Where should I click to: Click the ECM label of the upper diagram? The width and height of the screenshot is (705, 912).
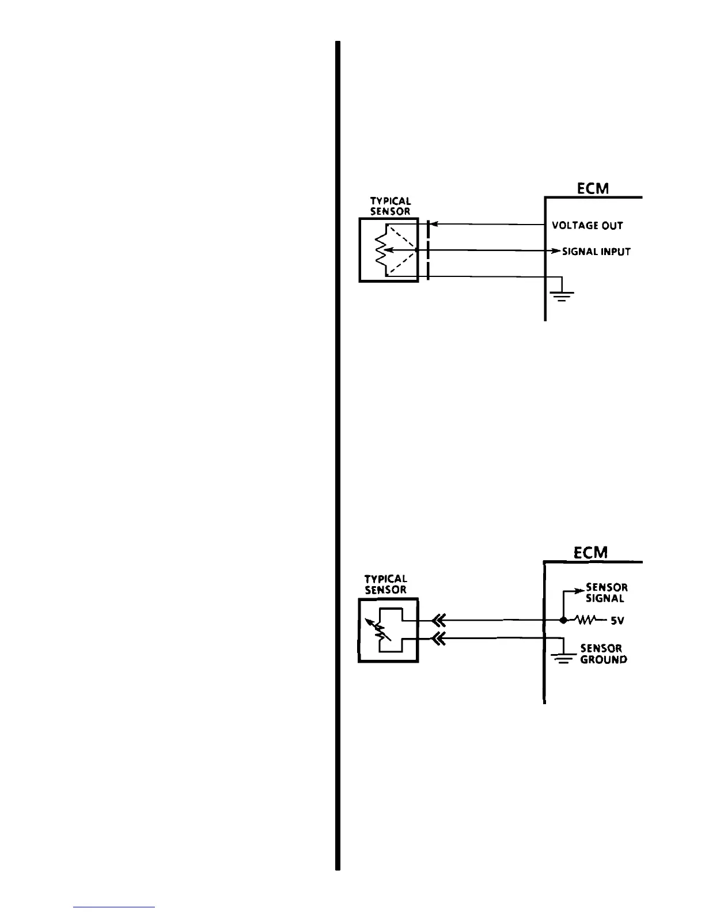click(x=593, y=188)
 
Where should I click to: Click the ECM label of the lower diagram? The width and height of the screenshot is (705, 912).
click(x=590, y=553)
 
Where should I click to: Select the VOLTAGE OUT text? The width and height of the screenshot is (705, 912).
click(x=587, y=225)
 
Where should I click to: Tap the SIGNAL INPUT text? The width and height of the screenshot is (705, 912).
click(x=596, y=252)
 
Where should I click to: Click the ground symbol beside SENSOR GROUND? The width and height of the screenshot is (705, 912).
click(x=562, y=658)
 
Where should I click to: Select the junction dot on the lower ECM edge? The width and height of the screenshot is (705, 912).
click(x=563, y=621)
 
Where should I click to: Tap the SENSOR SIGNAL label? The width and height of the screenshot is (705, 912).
click(x=606, y=592)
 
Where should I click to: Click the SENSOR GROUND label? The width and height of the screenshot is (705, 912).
click(x=603, y=653)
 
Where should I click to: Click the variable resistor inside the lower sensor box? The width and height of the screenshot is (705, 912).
click(x=381, y=631)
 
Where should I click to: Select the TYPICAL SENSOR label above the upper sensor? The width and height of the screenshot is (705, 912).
click(x=390, y=206)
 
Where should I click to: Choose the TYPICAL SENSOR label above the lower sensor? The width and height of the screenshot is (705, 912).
click(x=386, y=584)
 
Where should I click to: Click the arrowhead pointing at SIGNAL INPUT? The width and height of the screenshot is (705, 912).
click(x=556, y=251)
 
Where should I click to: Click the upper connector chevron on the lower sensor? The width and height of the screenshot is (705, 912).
click(x=439, y=620)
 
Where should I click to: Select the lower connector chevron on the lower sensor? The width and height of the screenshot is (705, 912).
click(x=439, y=638)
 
